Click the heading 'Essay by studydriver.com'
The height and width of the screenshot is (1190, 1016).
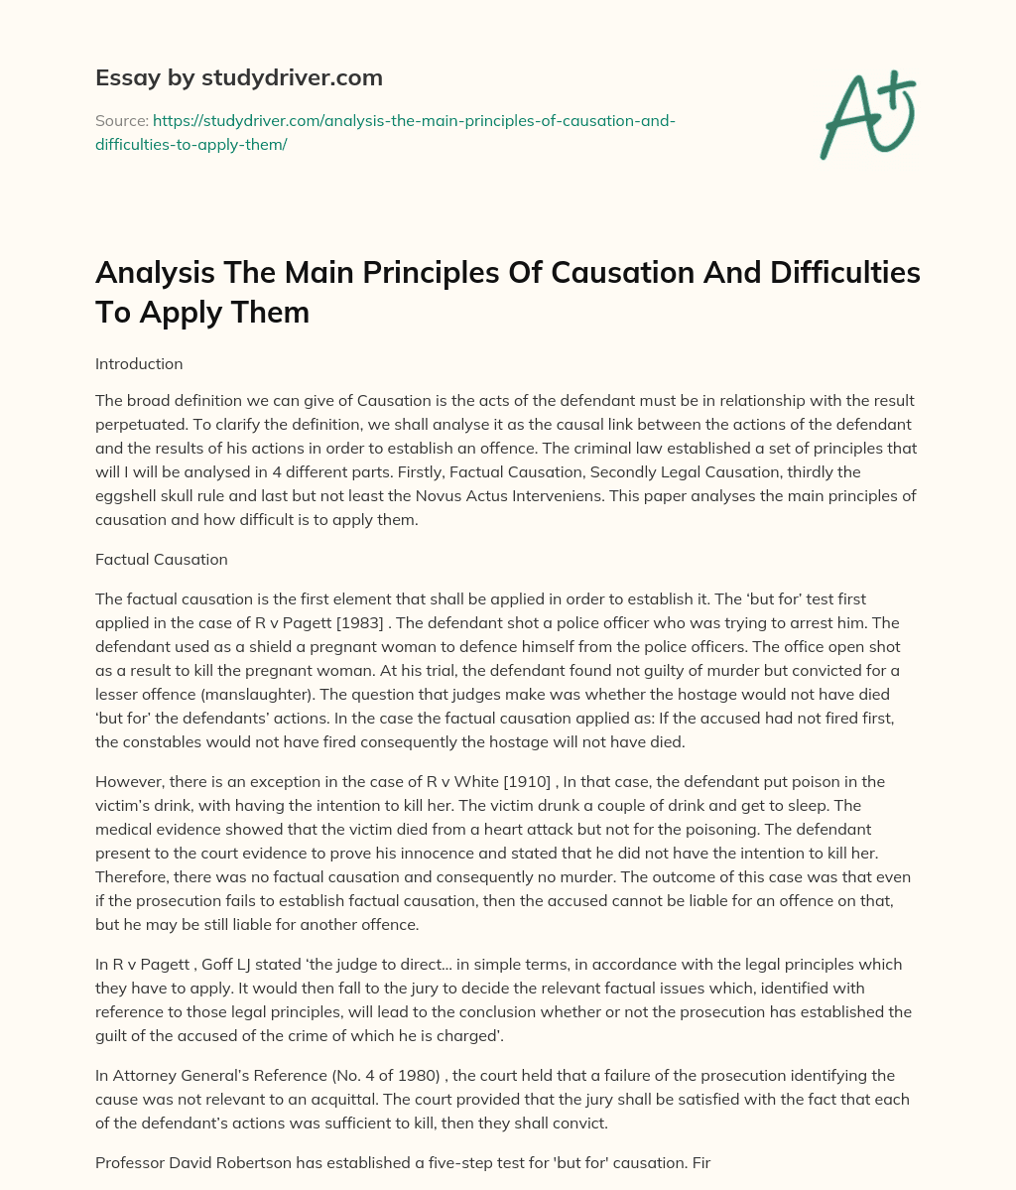click(x=239, y=77)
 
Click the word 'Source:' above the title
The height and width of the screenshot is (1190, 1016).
click(x=121, y=120)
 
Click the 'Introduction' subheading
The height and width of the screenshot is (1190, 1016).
click(x=138, y=364)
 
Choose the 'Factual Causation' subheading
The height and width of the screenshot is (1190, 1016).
click(x=161, y=559)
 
